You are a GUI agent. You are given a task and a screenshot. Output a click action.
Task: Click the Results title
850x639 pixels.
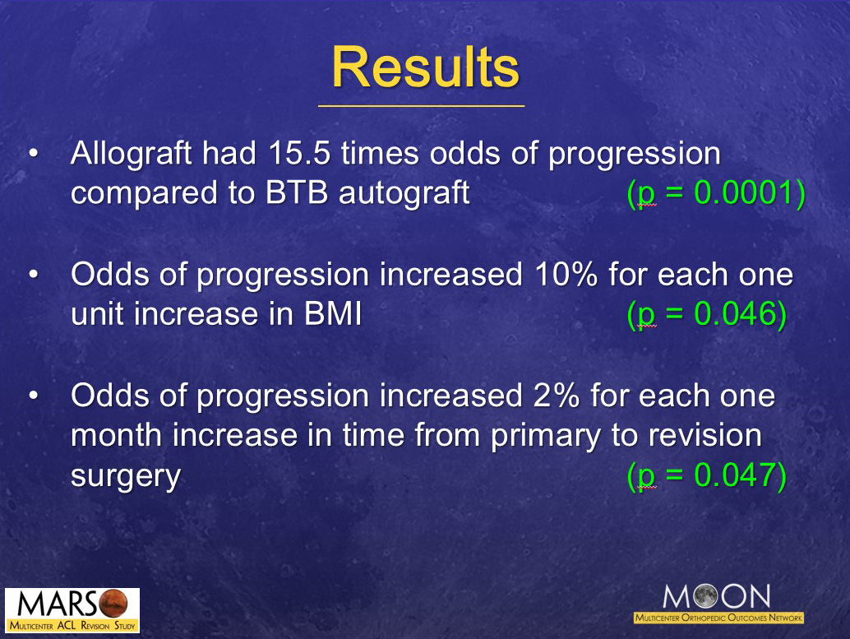[425, 67]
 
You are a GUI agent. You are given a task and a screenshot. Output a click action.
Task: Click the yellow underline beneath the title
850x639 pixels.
[421, 106]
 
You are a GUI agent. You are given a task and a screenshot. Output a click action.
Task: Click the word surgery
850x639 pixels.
[125, 475]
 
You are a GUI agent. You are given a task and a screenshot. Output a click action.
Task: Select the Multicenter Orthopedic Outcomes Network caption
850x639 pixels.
[718, 617]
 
